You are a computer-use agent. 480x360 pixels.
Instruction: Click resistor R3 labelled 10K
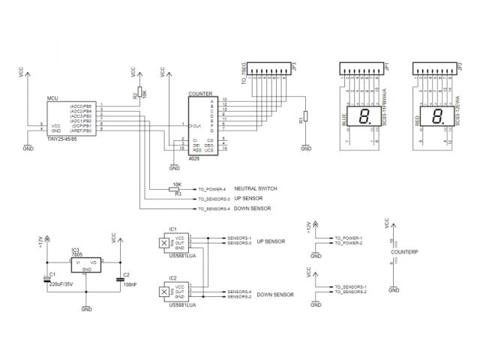(176, 189)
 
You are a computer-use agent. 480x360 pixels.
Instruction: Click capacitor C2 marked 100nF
(121, 280)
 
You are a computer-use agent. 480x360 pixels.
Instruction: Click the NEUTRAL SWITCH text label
(256, 188)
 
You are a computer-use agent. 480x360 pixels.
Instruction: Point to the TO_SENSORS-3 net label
(213, 199)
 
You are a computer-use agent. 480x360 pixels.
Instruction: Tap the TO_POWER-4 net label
(211, 189)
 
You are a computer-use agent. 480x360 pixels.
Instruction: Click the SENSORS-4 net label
(239, 291)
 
